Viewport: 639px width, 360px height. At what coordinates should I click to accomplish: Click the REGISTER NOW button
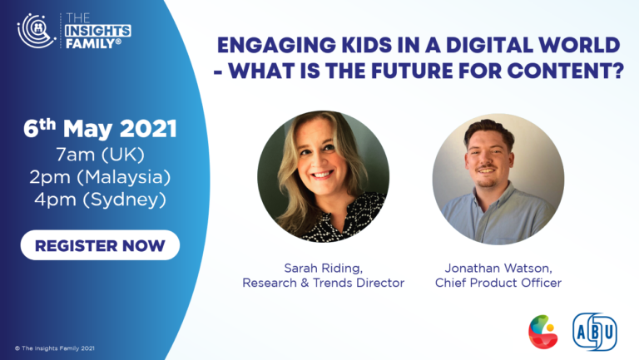tap(100, 245)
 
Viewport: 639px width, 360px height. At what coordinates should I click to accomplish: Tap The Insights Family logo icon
tap(37, 31)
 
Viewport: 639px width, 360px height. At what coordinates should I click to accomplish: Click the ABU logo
tap(595, 332)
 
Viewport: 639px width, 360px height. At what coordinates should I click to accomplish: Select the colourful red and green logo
tap(542, 332)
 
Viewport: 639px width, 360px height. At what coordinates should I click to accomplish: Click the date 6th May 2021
tap(100, 129)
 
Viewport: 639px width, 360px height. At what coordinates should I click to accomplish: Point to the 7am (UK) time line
tap(100, 155)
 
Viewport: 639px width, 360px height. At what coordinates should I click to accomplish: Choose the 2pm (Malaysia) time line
tap(100, 177)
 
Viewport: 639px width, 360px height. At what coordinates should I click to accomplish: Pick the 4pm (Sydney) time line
tap(100, 200)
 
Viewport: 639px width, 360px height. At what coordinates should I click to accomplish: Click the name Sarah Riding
tap(323, 269)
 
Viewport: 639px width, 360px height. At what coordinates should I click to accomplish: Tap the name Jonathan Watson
tap(498, 268)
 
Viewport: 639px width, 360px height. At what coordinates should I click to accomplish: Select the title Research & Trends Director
tap(323, 283)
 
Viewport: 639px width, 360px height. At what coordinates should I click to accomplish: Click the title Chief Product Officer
tap(498, 283)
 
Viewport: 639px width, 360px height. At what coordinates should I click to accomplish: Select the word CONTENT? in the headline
tap(566, 71)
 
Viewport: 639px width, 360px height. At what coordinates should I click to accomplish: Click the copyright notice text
tap(55, 348)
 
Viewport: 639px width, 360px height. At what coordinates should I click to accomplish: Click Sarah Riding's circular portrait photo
tap(323, 176)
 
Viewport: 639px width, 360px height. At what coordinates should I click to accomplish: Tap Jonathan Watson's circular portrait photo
tap(498, 180)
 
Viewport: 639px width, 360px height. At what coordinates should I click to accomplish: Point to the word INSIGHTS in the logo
tap(98, 31)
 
